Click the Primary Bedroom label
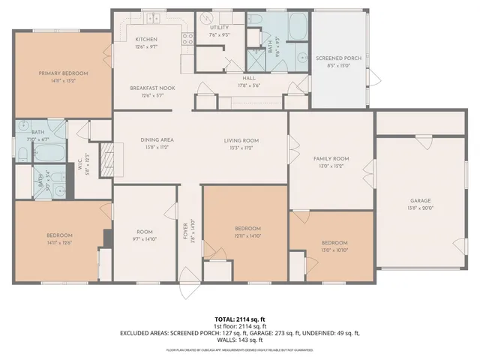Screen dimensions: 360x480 tap(64, 73)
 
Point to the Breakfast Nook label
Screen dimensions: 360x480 tap(152, 88)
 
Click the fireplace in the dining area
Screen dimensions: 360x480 tap(107, 159)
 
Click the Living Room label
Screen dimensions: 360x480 tap(241, 140)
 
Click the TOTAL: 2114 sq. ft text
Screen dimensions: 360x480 tap(240, 319)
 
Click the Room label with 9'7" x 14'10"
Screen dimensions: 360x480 tap(144, 232)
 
